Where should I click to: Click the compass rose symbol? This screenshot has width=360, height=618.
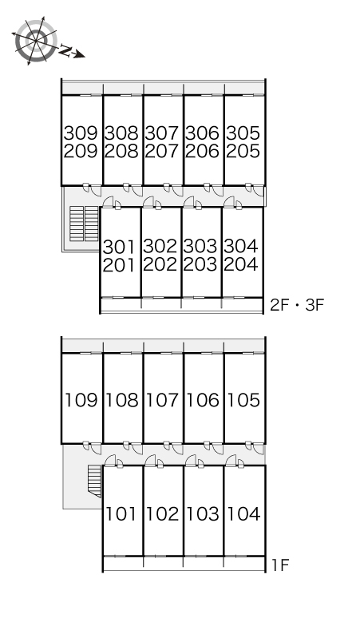pyautogui.click(x=35, y=41)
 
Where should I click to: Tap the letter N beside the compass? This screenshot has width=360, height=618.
pyautogui.click(x=65, y=50)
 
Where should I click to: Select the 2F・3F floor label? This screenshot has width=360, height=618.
pyautogui.click(x=297, y=305)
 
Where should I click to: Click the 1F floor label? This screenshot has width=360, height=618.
pyautogui.click(x=280, y=565)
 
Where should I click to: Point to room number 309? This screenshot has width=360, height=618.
pyautogui.click(x=81, y=133)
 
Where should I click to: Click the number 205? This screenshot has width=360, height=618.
pyautogui.click(x=243, y=151)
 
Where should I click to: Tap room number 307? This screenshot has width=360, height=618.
pyautogui.click(x=162, y=133)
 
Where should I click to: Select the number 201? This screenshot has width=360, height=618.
pyautogui.click(x=119, y=265)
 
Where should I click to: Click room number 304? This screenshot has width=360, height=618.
pyautogui.click(x=241, y=247)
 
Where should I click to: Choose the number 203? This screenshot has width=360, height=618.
pyautogui.click(x=200, y=264)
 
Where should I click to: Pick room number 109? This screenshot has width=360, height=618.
pyautogui.click(x=81, y=400)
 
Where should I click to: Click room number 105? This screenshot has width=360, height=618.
pyautogui.click(x=243, y=400)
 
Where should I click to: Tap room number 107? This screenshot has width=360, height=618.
pyautogui.click(x=162, y=400)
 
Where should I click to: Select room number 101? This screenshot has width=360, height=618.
pyautogui.click(x=121, y=514)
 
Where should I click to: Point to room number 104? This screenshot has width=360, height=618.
pyautogui.click(x=243, y=514)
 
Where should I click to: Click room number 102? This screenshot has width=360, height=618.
pyautogui.click(x=162, y=514)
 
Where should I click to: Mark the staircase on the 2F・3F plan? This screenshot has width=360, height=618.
pyautogui.click(x=84, y=223)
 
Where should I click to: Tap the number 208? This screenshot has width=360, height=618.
pyautogui.click(x=121, y=151)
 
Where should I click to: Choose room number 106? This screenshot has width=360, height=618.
pyautogui.click(x=203, y=400)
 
